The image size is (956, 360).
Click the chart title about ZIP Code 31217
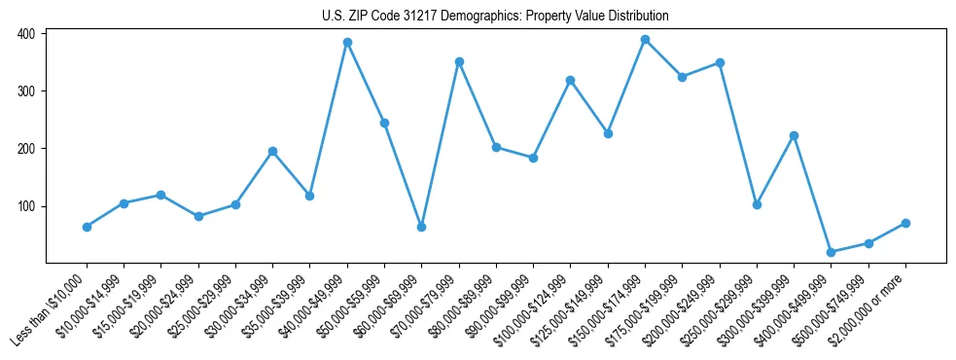[495, 17]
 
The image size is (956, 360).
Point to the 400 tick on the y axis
[26, 33]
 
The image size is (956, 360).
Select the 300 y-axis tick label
[26, 90]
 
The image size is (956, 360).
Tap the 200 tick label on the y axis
[26, 148]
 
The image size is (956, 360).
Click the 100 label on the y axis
[26, 206]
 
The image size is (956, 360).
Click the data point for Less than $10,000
[87, 227]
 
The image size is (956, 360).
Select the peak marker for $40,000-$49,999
[347, 43]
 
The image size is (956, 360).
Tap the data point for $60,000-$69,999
[421, 227]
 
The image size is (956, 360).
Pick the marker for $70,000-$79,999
[459, 61]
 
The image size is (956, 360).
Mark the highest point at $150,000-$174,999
[645, 39]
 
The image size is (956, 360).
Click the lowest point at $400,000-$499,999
[831, 252]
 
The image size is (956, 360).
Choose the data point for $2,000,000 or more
[905, 223]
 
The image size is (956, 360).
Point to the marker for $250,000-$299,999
[757, 204]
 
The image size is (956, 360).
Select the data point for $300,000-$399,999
[794, 135]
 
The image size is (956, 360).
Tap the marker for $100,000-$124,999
[571, 80]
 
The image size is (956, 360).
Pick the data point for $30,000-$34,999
[272, 151]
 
